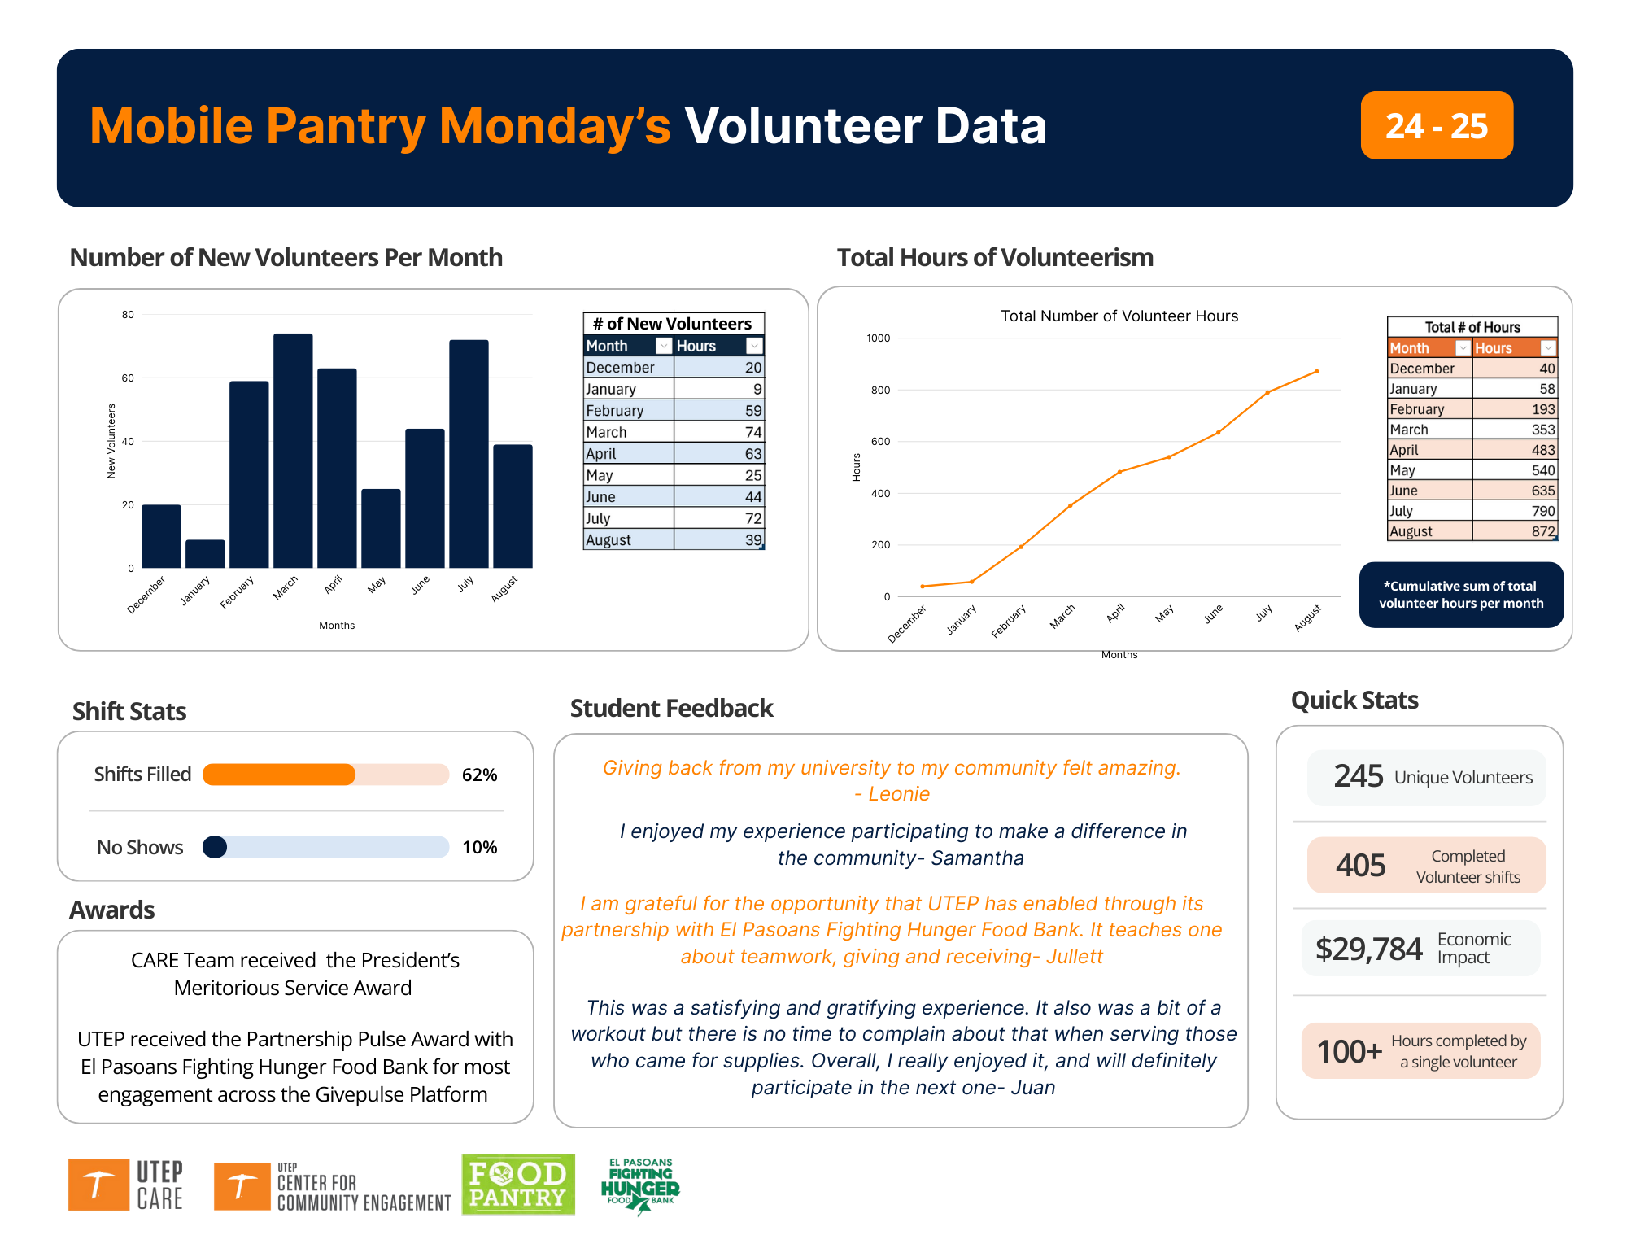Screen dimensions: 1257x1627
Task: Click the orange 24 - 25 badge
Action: click(1436, 125)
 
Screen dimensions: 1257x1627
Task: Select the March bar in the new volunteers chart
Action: click(293, 452)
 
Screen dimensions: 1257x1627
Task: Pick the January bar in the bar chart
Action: click(205, 554)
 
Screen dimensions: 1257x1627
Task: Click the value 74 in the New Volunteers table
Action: click(752, 432)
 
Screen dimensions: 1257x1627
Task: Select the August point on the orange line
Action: click(1316, 372)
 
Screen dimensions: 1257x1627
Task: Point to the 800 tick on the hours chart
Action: click(880, 390)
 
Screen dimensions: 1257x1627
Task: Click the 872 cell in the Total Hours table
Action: click(1542, 531)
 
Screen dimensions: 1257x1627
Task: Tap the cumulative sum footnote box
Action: click(1461, 595)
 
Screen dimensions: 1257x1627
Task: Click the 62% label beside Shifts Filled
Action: click(479, 775)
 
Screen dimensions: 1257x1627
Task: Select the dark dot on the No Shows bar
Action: click(215, 847)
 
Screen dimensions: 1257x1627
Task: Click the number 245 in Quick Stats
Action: click(1358, 776)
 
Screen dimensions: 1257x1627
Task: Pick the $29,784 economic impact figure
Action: click(1368, 949)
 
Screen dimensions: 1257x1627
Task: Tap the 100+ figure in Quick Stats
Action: click(1349, 1051)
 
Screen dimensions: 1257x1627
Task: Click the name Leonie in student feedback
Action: click(898, 794)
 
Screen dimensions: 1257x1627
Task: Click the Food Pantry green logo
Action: click(518, 1185)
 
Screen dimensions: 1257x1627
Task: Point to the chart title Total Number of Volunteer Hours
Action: click(1119, 316)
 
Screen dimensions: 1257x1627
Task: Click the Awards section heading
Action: click(112, 910)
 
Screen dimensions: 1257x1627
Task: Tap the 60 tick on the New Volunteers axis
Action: click(128, 378)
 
